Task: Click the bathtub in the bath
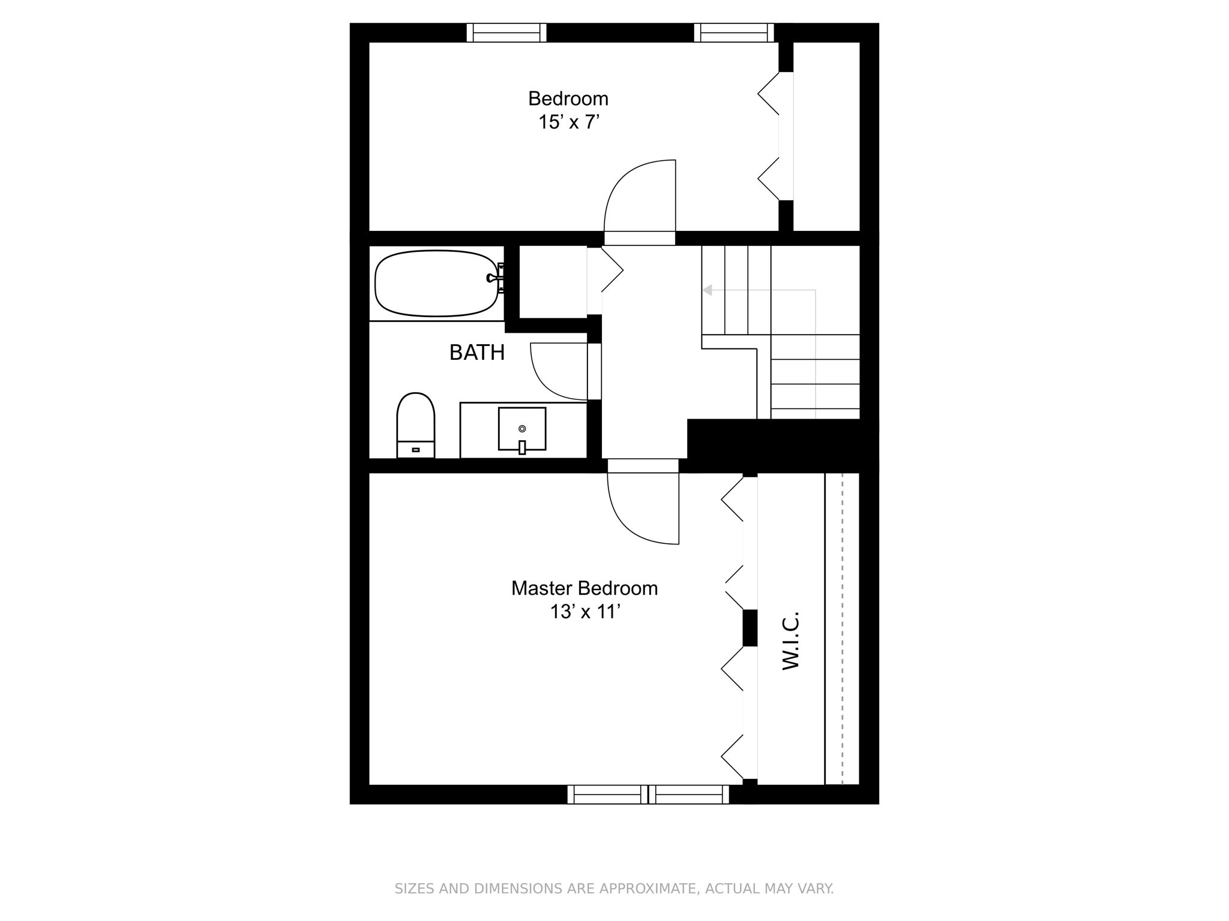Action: coord(437,283)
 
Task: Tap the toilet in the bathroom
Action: coord(415,425)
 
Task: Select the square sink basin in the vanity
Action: coord(522,429)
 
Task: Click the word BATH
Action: coord(477,353)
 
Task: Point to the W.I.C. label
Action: coord(792,640)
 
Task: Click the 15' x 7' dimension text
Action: coord(569,122)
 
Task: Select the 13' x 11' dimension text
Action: coord(584,612)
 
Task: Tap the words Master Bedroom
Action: coord(584,588)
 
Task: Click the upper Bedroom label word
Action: coord(568,98)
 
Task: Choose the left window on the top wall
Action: coord(506,32)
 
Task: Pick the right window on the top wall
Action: coord(734,32)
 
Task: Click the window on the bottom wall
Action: coord(648,794)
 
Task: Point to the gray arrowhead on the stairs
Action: coord(707,290)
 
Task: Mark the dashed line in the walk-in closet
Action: coord(843,628)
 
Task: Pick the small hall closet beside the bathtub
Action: coord(553,281)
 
